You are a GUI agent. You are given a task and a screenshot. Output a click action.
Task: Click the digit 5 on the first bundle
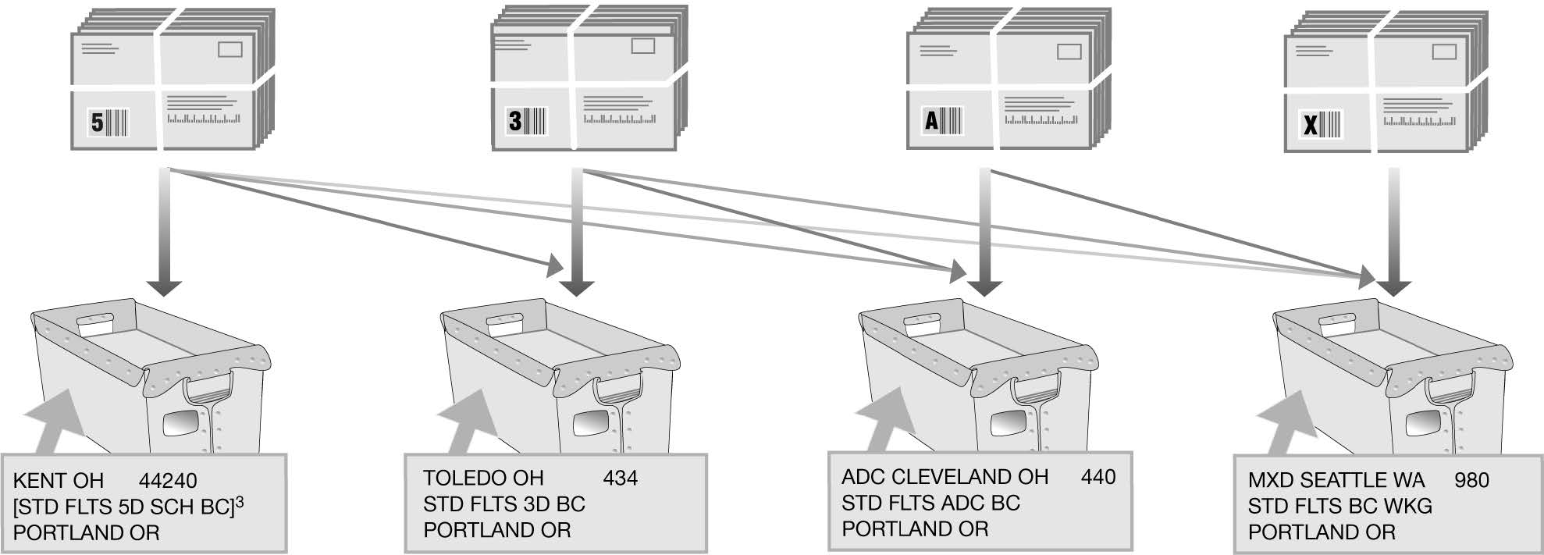click(x=98, y=123)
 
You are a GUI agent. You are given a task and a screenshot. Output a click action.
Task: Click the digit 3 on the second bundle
click(x=515, y=121)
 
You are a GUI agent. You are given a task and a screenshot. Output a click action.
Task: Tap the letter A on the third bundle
click(x=931, y=121)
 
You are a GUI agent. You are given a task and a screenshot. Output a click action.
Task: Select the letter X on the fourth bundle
click(x=1311, y=124)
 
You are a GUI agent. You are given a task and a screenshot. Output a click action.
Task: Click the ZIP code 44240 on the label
click(x=168, y=481)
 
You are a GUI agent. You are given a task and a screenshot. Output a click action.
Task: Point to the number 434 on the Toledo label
click(x=621, y=478)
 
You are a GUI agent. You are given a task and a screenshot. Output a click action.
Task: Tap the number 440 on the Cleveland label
click(x=1098, y=477)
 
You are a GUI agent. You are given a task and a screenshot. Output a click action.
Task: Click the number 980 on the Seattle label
click(x=1471, y=480)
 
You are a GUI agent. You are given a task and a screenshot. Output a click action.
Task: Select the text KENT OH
click(x=59, y=481)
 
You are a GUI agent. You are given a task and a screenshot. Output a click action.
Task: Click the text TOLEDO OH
click(x=483, y=478)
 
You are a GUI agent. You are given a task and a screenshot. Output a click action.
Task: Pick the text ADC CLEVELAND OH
click(x=945, y=477)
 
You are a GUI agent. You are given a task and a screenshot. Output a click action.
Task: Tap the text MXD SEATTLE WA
click(x=1336, y=480)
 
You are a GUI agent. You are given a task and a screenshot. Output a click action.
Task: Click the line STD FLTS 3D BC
click(x=503, y=504)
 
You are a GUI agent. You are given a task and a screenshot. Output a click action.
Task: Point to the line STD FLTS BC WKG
click(x=1339, y=507)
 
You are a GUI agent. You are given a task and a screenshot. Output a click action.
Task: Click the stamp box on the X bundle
click(x=1444, y=52)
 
